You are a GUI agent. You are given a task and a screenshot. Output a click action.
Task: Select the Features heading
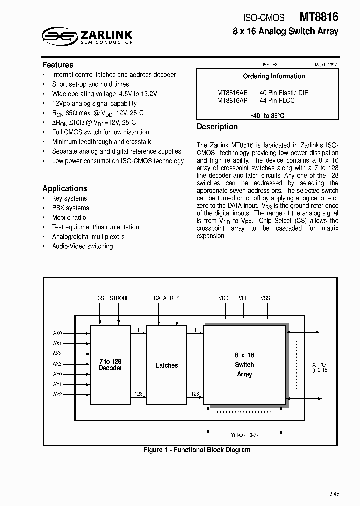click(58, 65)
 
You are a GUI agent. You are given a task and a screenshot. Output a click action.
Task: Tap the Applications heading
click(65, 188)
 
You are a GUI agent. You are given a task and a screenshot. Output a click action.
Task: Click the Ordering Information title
click(274, 76)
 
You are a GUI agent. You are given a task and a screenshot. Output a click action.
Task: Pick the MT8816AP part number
click(232, 100)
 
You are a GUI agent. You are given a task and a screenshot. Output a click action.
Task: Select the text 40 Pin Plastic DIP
click(284, 93)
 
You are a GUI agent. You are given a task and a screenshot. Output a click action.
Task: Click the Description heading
click(217, 127)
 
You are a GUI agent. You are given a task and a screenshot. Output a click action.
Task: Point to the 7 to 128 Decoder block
click(110, 365)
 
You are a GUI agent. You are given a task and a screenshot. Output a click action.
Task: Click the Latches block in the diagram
click(167, 365)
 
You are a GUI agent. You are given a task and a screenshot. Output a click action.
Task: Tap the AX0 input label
click(57, 333)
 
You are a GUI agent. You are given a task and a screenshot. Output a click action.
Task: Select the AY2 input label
click(57, 394)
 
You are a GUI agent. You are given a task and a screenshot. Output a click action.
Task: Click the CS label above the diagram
click(100, 298)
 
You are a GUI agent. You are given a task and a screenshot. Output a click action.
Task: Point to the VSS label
click(265, 298)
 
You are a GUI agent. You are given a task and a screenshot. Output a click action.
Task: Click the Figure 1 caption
click(197, 450)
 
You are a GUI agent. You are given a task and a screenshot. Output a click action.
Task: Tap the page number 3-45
click(334, 494)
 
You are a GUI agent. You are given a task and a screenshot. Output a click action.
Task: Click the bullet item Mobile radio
click(69, 217)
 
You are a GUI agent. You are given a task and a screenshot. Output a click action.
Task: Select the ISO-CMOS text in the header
click(264, 18)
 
